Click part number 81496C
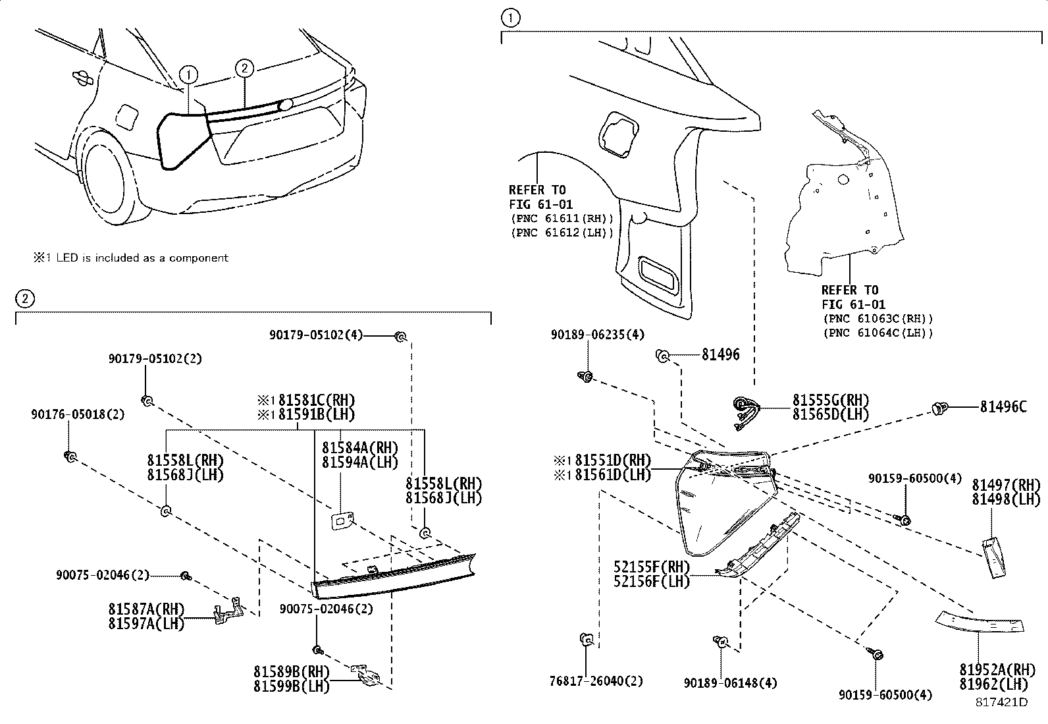tap(1003, 408)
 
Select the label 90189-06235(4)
tap(598, 335)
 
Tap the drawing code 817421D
tap(1001, 702)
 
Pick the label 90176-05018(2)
tap(77, 414)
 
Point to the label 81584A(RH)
tap(359, 447)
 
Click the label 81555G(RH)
tap(830, 400)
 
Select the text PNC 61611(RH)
tap(562, 218)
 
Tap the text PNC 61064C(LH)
tap(878, 333)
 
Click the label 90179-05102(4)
tap(315, 335)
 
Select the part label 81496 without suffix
tap(720, 355)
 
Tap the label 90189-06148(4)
tap(729, 684)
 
